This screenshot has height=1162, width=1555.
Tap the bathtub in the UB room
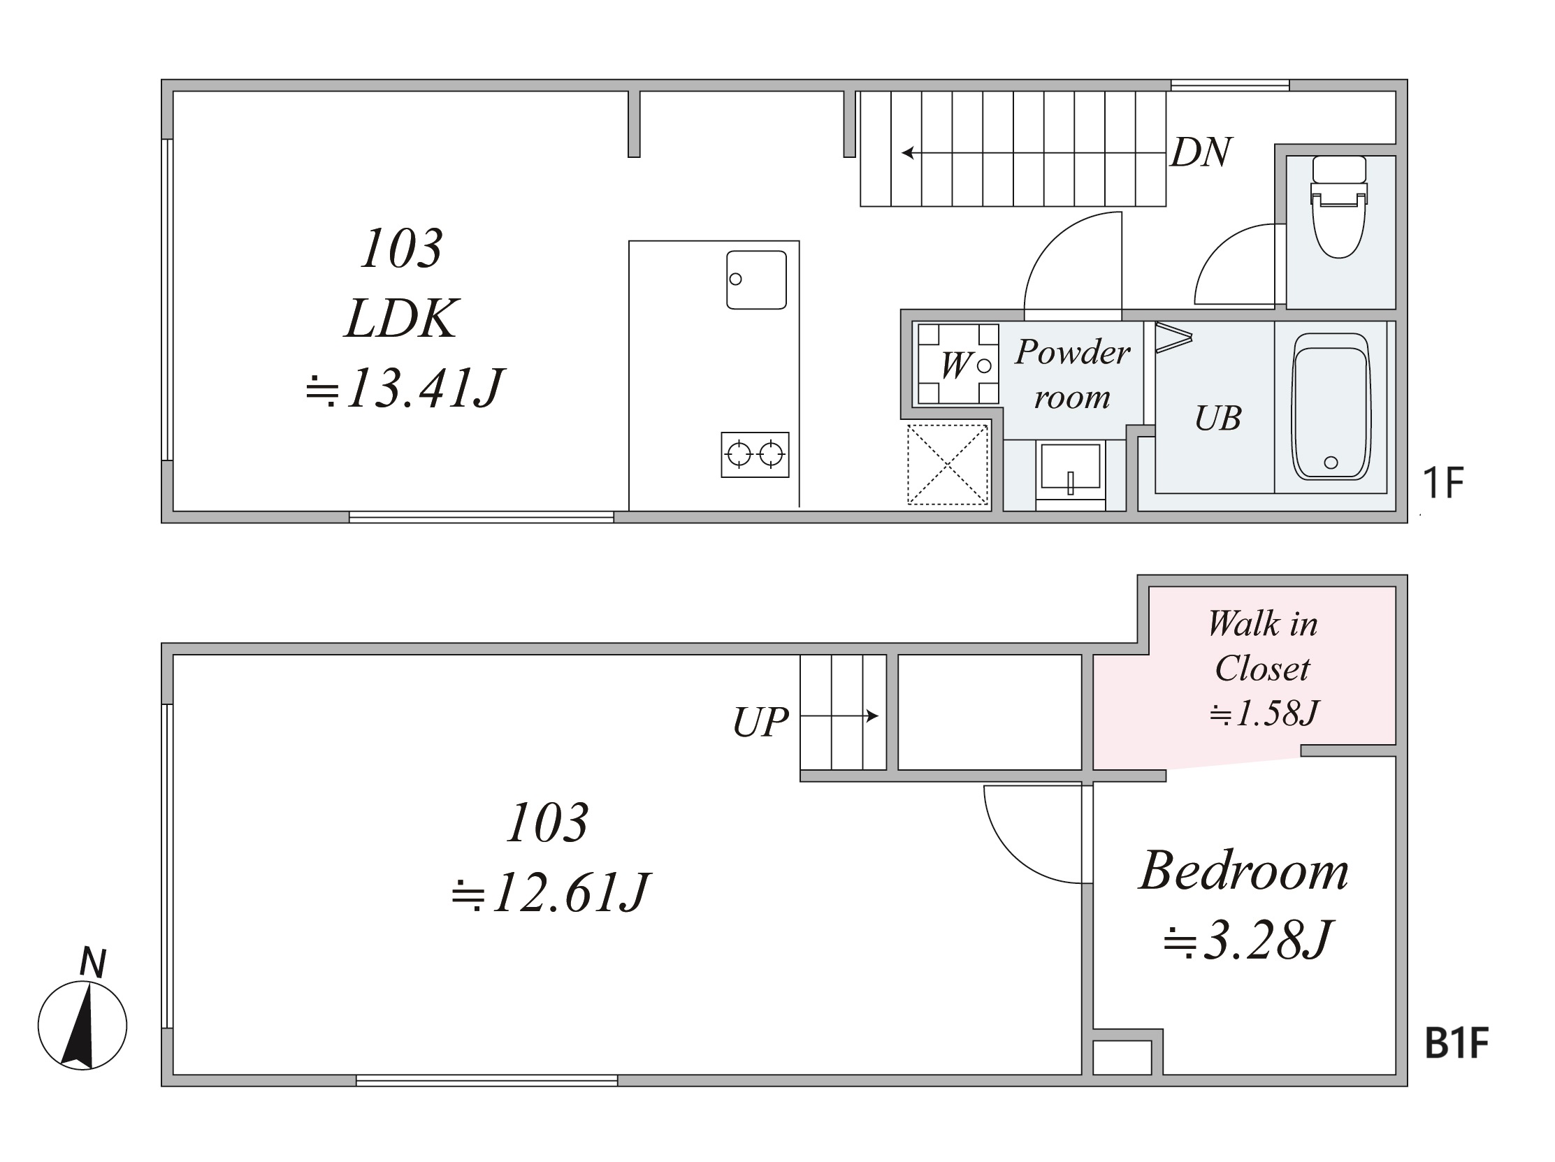point(1331,406)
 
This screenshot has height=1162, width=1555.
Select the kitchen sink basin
point(756,279)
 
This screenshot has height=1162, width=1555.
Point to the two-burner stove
point(755,455)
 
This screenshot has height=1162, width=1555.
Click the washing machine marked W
point(958,363)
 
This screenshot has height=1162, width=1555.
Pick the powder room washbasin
point(1070,472)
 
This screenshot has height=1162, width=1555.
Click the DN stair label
point(1201,152)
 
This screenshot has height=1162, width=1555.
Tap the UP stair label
point(760,722)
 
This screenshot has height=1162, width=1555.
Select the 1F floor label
point(1442,482)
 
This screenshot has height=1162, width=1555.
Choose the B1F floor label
point(1456,1043)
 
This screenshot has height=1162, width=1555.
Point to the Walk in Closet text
point(1263,646)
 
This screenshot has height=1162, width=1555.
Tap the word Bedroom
point(1243,871)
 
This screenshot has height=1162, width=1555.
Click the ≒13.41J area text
point(404,388)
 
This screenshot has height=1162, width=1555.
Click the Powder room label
point(1072,374)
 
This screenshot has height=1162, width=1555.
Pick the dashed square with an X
point(948,465)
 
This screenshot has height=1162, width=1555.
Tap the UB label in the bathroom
point(1218,419)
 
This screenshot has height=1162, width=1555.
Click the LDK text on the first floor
point(401,319)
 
